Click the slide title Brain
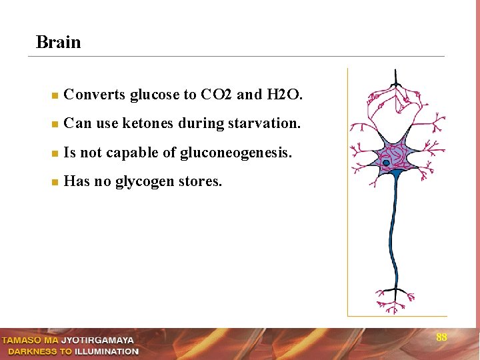(59, 43)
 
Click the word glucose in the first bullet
(151, 95)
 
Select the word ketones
(145, 124)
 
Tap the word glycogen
(143, 182)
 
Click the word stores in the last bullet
(200, 182)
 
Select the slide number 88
(441, 337)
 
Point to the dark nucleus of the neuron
(387, 162)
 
